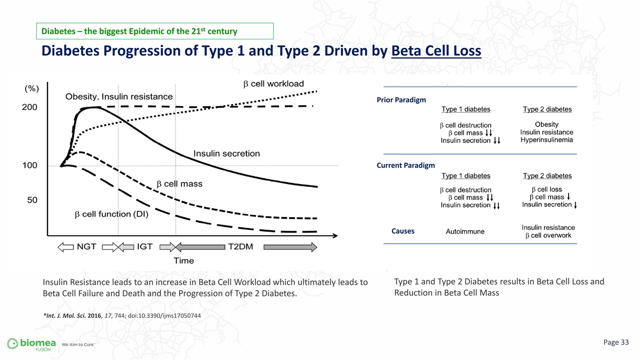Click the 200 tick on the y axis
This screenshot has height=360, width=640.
[29, 107]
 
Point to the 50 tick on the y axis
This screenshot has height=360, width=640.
[33, 200]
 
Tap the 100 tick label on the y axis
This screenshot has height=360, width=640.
[30, 165]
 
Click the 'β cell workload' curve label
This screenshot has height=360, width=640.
[274, 84]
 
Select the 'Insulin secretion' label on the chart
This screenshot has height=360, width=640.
[227, 154]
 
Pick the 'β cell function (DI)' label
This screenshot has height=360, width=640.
[111, 214]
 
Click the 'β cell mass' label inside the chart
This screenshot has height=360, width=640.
[179, 184]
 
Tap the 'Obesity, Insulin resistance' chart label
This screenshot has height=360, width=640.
[119, 97]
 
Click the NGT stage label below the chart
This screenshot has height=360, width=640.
[86, 246]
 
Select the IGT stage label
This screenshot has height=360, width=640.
[145, 246]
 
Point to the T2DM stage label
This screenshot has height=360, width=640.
[241, 246]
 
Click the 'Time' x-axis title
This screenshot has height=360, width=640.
[183, 261]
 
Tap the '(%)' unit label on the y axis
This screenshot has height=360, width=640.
[31, 89]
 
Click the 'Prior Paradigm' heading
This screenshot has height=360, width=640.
[401, 100]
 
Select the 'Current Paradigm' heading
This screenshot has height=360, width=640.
[406, 165]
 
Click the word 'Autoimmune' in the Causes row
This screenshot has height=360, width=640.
[465, 231]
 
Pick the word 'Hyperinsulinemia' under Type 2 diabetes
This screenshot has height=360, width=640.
[547, 140]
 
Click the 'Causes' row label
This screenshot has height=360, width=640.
[403, 231]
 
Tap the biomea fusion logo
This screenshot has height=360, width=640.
[31, 343]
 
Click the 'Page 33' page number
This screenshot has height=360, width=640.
[616, 342]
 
